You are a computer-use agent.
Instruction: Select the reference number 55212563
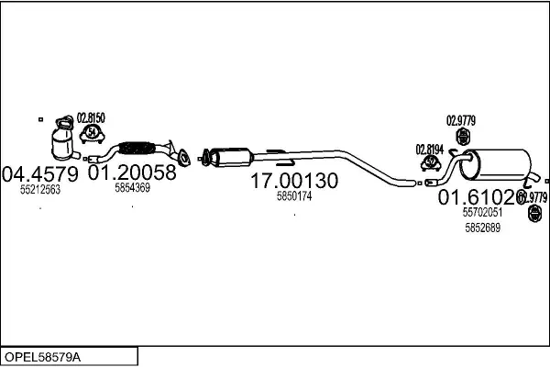[x=39, y=190]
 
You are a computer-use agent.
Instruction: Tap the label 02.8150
[x=91, y=117]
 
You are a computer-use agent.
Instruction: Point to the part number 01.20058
[x=132, y=172]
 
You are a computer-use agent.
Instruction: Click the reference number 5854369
[x=133, y=188]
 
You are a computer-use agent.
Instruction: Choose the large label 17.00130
[x=294, y=182]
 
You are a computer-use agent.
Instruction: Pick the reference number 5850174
[x=294, y=196]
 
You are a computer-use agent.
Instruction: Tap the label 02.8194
[x=429, y=149]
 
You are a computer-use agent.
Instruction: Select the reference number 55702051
[x=481, y=212]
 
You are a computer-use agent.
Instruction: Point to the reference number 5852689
[x=482, y=228]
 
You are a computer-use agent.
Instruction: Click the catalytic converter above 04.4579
[x=64, y=140]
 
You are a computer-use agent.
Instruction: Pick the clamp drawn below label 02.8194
[x=429, y=163]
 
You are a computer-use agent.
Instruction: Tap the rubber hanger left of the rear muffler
[x=463, y=137]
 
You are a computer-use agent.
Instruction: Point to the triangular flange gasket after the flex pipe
[x=184, y=157]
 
